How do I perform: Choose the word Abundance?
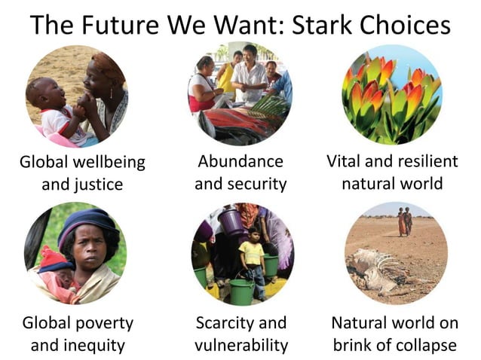tap(240, 161)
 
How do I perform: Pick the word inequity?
tap(93, 346)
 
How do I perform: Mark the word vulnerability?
tap(241, 346)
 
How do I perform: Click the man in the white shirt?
tap(250, 74)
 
